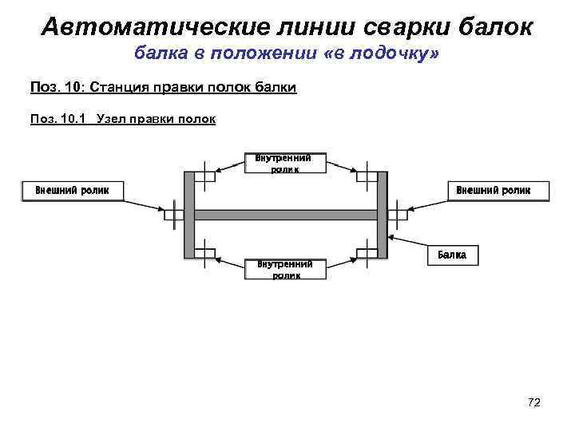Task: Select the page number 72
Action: (534, 402)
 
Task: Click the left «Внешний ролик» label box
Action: (72, 190)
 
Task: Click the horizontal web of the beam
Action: (285, 214)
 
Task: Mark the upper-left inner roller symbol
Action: (205, 176)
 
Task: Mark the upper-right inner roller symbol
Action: (366, 176)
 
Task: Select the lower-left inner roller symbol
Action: (205, 253)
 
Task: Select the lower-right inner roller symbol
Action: (366, 253)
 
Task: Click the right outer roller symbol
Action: (397, 214)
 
